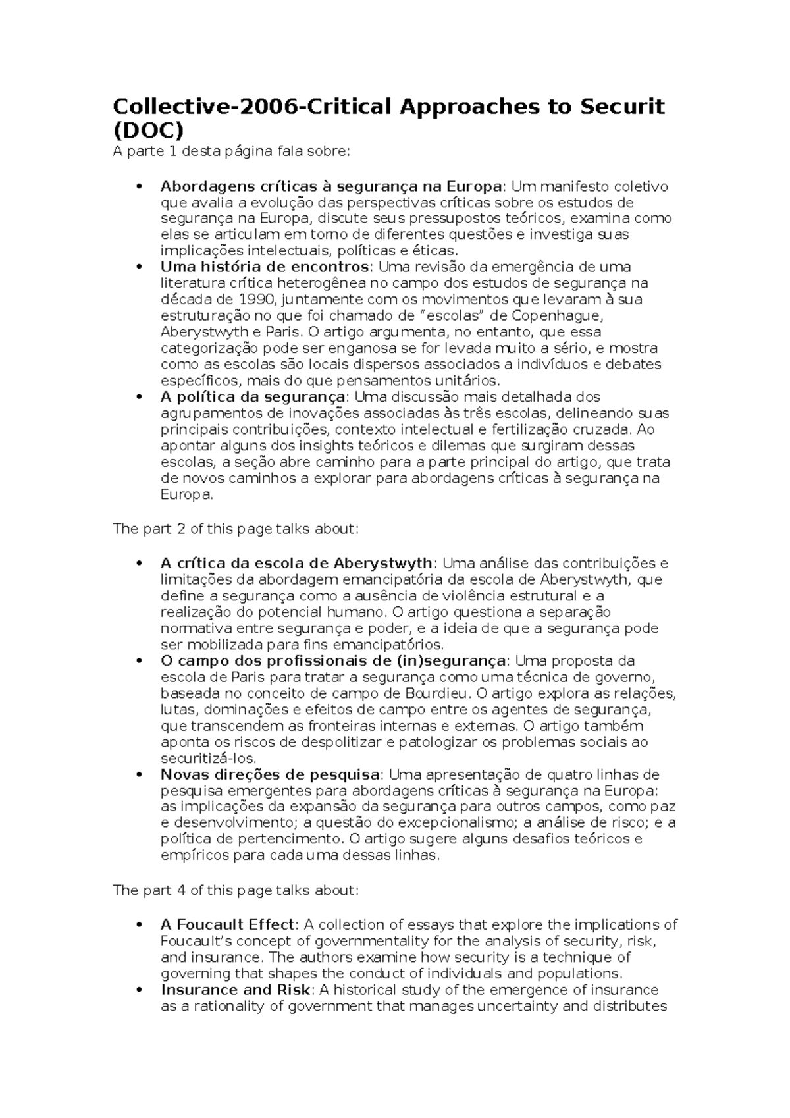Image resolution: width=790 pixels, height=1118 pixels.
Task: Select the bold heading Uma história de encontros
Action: click(264, 267)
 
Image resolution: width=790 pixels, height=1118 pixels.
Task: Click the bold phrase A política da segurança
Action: click(253, 397)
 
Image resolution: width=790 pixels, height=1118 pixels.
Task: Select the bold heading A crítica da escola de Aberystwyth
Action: click(296, 564)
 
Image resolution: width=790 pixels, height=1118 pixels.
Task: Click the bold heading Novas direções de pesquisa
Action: click(270, 774)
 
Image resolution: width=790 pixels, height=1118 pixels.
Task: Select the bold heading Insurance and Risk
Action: click(235, 990)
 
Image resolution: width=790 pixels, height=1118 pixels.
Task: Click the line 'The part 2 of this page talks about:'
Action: click(236, 529)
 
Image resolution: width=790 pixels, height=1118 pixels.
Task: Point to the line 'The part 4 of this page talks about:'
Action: click(236, 891)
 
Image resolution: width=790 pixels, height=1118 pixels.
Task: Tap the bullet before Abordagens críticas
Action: click(138, 187)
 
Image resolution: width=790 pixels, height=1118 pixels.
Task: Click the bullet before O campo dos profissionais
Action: click(138, 661)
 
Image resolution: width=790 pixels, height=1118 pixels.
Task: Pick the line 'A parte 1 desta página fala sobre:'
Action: click(232, 152)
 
